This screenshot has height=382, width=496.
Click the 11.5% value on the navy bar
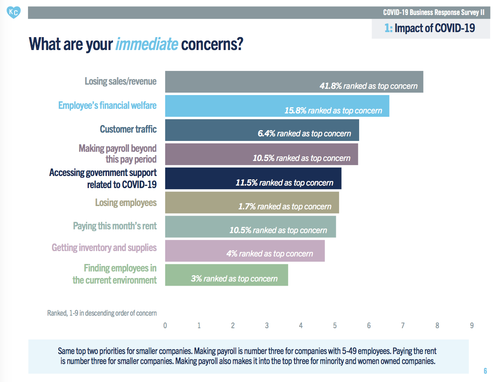pos(247,183)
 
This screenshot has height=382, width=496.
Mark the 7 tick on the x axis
pos(403,326)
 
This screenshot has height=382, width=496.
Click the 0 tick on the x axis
pos(165,326)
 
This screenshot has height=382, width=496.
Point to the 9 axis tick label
pos(471,326)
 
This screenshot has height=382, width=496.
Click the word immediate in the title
pos(146,44)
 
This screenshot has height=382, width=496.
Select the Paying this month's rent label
pos(115,226)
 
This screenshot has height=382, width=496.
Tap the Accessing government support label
pos(103,178)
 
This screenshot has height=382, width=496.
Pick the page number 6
pos(485,371)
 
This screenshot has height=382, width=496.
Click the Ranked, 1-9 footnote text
pos(102,313)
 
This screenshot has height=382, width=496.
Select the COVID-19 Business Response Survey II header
pos(433,12)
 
